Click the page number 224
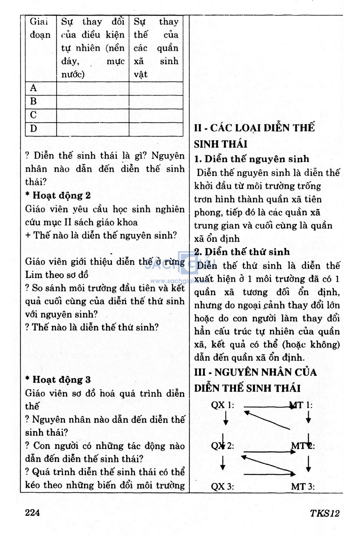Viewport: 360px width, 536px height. click(x=32, y=512)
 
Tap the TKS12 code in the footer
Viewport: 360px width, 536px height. click(x=324, y=513)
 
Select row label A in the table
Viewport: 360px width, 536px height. click(x=33, y=88)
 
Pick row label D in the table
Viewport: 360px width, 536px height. click(x=33, y=129)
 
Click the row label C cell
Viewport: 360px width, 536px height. click(x=33, y=115)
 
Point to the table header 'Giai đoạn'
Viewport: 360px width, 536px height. click(x=40, y=28)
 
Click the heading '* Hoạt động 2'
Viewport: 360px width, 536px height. click(x=58, y=195)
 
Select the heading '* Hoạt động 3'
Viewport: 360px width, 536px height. click(x=58, y=379)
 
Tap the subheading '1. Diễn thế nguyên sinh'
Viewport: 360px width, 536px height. click(x=252, y=159)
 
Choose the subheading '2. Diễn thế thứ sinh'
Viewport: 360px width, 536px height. click(x=242, y=252)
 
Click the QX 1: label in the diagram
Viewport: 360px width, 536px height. click(x=222, y=405)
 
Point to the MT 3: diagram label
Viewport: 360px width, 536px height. click(x=303, y=486)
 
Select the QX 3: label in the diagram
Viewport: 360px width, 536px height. click(x=222, y=486)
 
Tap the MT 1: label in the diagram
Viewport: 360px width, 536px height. click(x=302, y=405)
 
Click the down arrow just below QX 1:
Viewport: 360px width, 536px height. click(x=226, y=418)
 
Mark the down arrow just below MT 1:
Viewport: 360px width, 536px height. click(x=308, y=417)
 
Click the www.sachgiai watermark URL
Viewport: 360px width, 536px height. click(x=176, y=281)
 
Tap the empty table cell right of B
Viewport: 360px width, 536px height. click(x=92, y=102)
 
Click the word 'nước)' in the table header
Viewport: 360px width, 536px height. click(x=73, y=74)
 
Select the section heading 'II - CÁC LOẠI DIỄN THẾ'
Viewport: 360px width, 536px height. click(x=254, y=128)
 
